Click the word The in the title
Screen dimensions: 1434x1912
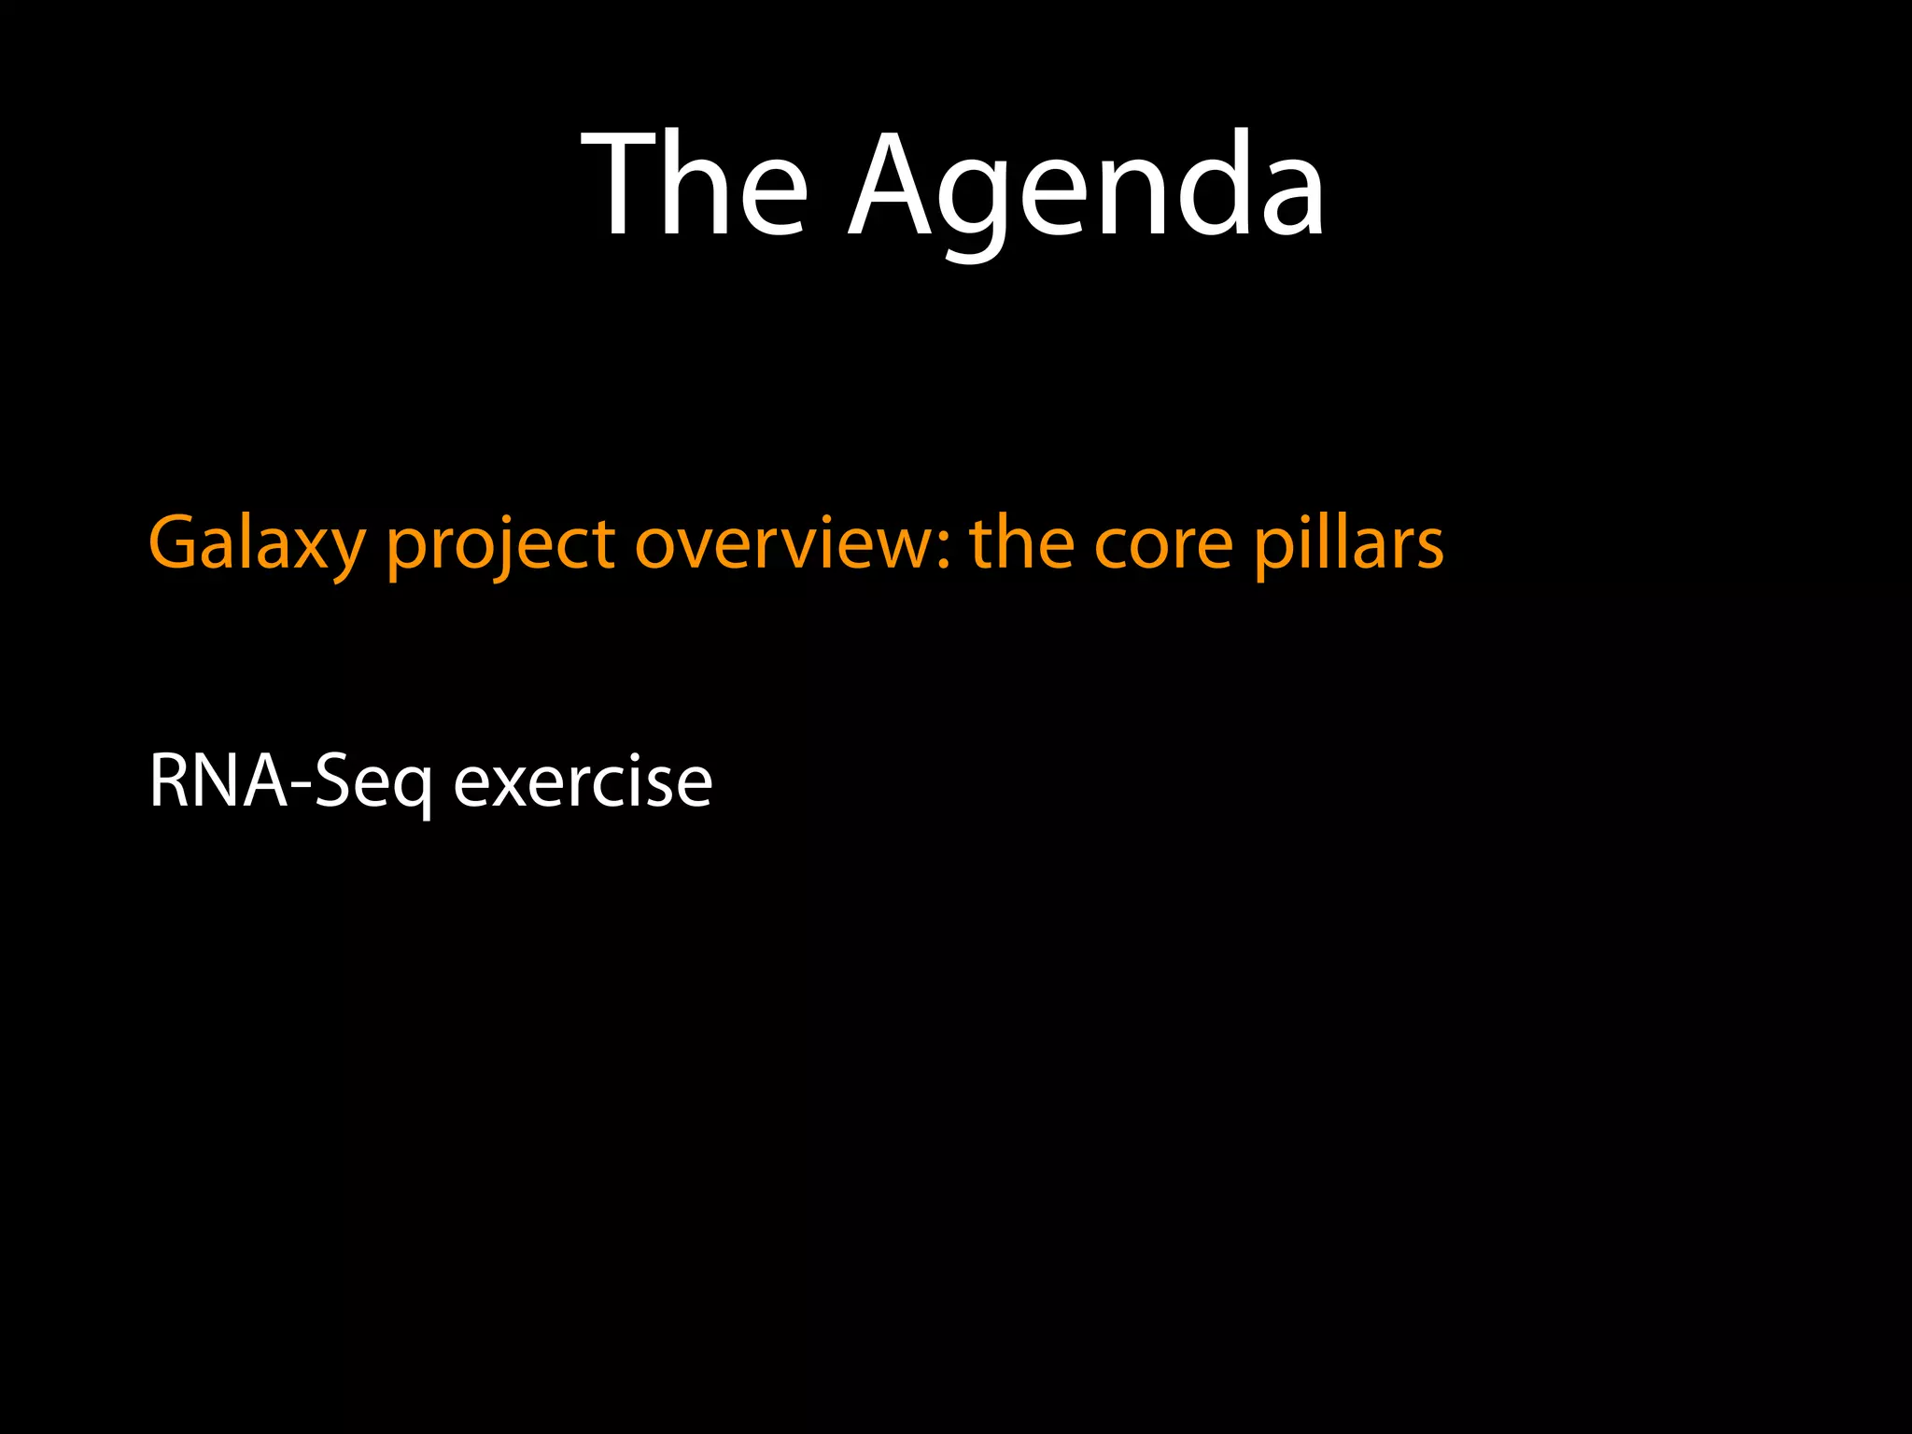pos(694,185)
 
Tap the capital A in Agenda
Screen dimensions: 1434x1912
pos(892,185)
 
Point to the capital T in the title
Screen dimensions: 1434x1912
pos(617,185)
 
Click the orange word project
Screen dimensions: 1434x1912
pos(500,543)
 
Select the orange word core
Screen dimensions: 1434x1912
pos(1163,543)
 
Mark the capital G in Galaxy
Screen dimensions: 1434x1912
pos(175,543)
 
